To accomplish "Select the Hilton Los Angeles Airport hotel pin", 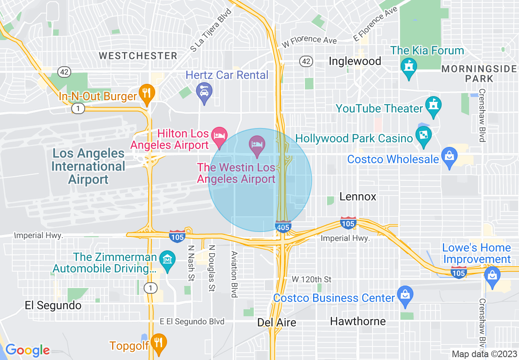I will tap(219, 136).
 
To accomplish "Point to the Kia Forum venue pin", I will tap(408, 67).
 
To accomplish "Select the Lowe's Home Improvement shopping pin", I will tap(492, 274).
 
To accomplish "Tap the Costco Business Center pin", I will tap(405, 295).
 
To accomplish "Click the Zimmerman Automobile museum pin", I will tap(167, 260).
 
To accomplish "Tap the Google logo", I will tap(27, 350).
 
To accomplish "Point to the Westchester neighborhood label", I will tap(138, 56).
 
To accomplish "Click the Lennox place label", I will tap(358, 197).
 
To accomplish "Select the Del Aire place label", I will tap(277, 322).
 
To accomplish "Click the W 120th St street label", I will tap(311, 279).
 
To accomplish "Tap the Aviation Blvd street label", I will tap(234, 274).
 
